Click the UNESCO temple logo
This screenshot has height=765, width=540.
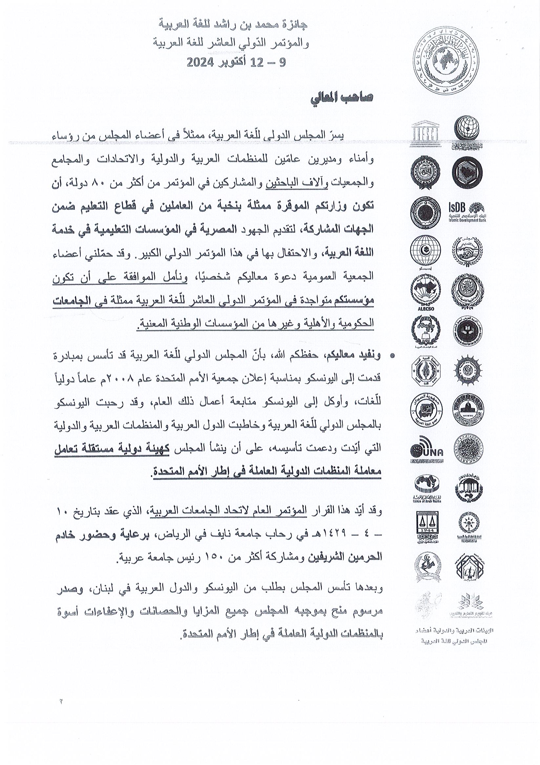point(426,135)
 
